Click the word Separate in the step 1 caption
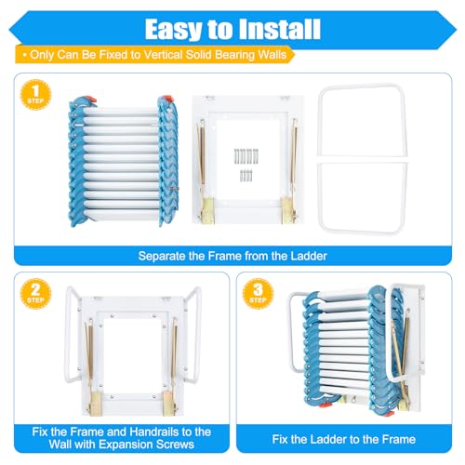coord(166,255)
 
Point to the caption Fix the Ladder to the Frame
coord(347,438)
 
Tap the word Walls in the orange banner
coord(276,55)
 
